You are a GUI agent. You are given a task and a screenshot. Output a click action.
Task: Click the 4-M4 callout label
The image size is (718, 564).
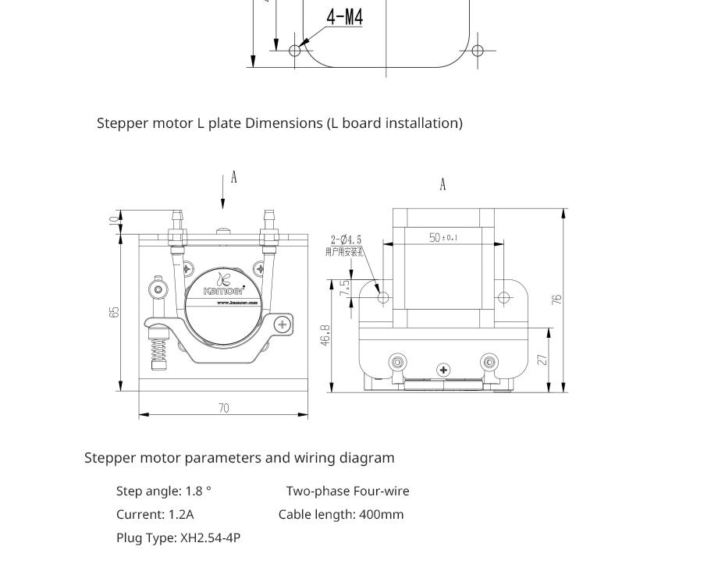[344, 16]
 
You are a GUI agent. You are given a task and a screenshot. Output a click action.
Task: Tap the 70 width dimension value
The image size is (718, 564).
[224, 408]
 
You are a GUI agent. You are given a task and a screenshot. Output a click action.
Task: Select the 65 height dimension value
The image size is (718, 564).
[115, 311]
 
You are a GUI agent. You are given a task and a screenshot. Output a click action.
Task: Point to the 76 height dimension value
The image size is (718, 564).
[557, 299]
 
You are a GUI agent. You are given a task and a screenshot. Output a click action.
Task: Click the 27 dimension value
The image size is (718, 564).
[543, 359]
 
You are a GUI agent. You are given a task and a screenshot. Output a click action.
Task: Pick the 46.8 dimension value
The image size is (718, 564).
[325, 335]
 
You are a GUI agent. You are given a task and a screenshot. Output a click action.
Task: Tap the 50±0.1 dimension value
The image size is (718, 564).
[443, 237]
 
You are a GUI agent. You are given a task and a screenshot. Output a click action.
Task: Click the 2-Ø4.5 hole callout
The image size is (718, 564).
[346, 240]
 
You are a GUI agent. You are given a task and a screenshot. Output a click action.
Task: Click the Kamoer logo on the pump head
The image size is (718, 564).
[223, 286]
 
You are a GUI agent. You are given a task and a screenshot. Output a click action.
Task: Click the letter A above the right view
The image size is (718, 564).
[443, 185]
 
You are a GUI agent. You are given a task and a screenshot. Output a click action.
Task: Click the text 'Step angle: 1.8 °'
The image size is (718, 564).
[164, 491]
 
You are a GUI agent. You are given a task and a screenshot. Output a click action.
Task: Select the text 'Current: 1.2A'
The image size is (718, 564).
[155, 514]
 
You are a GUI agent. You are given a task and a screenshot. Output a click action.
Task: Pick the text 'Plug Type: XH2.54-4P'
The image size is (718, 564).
[178, 537]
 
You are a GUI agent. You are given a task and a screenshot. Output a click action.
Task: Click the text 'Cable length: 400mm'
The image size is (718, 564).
[341, 514]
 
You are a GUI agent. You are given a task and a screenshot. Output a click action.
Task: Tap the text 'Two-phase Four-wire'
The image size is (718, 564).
[347, 491]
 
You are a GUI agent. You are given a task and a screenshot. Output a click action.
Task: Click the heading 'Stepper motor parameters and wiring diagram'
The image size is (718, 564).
[240, 458]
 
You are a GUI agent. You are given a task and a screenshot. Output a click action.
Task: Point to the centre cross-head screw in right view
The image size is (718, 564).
[443, 370]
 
